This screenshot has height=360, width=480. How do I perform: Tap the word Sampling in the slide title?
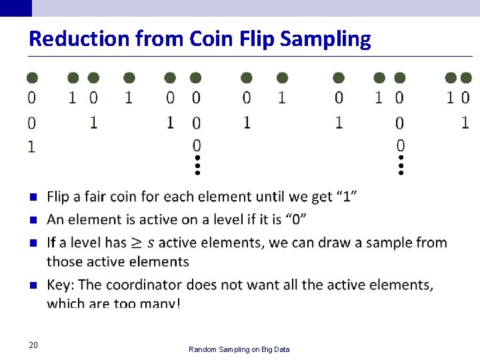[325, 39]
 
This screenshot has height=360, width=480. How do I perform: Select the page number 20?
[33, 345]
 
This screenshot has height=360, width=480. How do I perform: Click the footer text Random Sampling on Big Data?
[239, 349]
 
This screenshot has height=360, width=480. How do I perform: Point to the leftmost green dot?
[32, 78]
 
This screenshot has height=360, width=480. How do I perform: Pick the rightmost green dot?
[465, 78]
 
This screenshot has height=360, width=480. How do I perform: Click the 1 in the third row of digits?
[31, 146]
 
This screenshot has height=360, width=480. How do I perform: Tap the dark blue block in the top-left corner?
[15, 7]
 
